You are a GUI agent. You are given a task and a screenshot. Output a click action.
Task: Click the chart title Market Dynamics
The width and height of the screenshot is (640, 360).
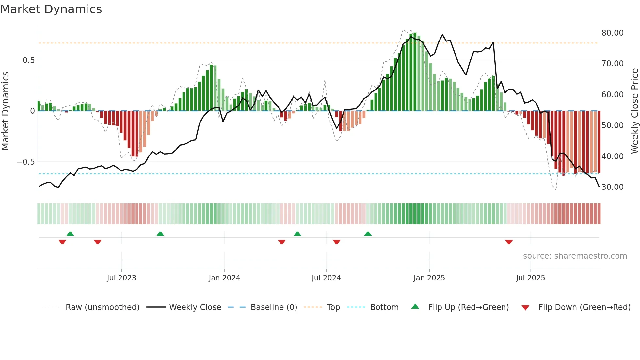tap(51, 9)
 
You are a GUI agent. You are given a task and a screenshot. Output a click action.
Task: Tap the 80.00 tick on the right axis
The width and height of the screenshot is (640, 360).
tap(612, 33)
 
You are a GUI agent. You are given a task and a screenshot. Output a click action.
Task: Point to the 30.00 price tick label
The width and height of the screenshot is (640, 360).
tap(612, 187)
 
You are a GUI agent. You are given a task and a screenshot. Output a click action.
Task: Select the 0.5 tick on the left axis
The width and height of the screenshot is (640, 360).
tap(28, 60)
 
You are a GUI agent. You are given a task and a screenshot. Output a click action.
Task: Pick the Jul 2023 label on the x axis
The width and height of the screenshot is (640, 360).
tap(121, 278)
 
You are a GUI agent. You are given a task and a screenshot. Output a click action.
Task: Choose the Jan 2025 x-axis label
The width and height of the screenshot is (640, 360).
tap(429, 278)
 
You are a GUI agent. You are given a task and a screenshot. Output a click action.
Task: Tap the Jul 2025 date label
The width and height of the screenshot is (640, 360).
tap(530, 278)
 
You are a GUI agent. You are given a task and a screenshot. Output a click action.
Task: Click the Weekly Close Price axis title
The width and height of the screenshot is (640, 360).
tap(634, 111)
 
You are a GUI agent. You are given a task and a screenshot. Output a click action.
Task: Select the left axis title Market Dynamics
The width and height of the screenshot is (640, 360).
tap(5, 111)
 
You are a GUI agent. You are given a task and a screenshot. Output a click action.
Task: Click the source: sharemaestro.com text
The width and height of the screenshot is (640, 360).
tap(575, 256)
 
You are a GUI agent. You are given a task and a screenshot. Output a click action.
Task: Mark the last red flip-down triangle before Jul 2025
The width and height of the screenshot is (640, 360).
tap(509, 242)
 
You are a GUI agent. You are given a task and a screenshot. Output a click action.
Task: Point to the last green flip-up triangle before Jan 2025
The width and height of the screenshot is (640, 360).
tap(368, 234)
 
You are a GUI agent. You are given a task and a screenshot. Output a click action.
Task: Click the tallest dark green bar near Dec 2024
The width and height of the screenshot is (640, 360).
tap(415, 72)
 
